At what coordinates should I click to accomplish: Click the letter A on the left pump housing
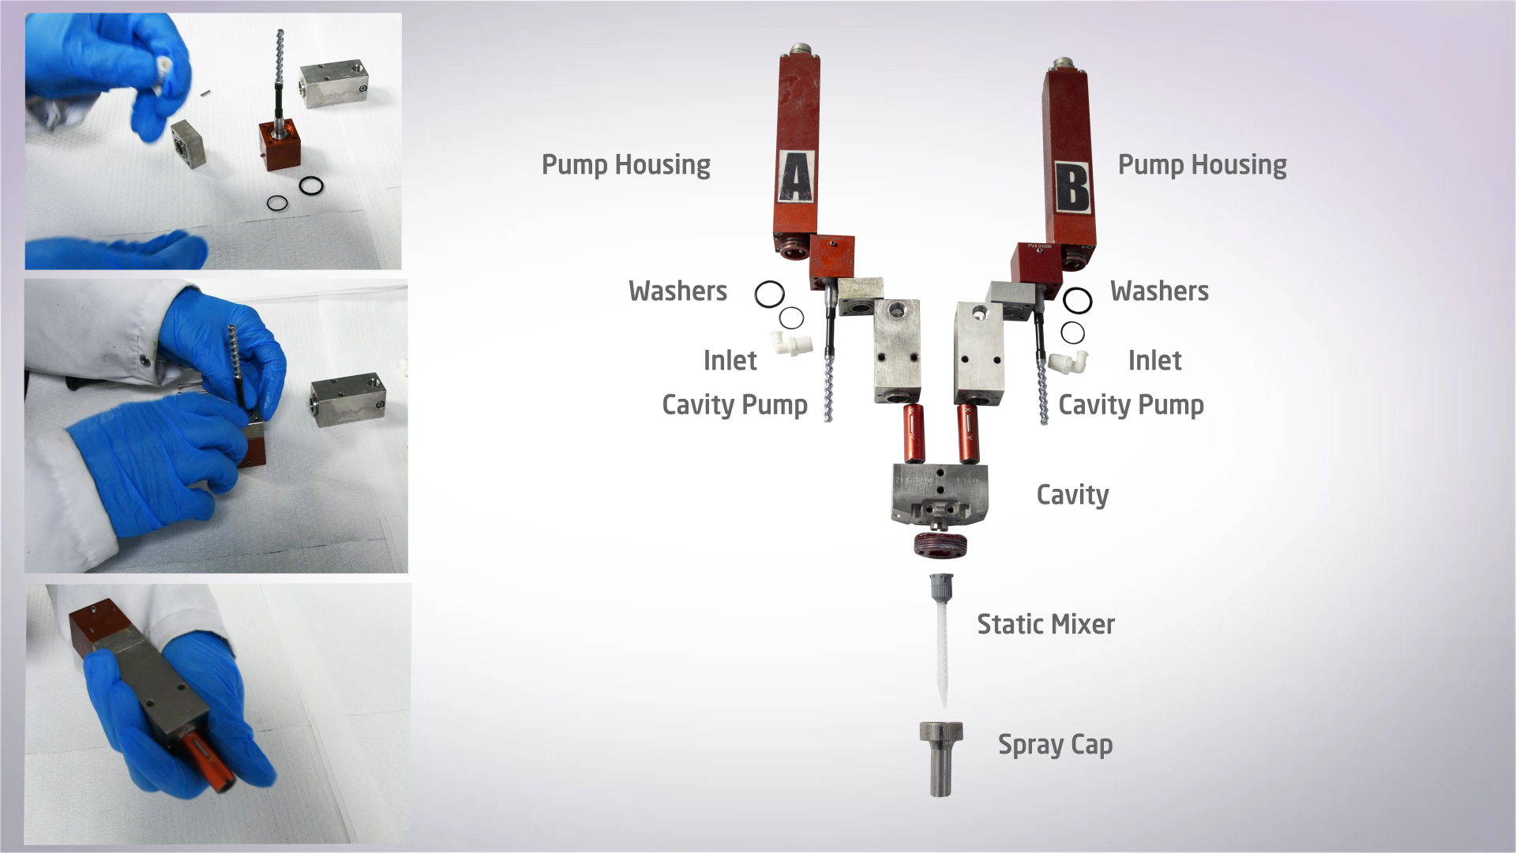pos(797,177)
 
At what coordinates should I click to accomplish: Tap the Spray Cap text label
pos(1055,745)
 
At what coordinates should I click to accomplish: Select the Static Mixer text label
pos(1046,624)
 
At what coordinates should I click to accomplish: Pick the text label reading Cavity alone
pos(1072,495)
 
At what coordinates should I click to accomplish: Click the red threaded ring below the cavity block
pos(940,545)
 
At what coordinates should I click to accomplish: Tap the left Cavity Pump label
pos(734,405)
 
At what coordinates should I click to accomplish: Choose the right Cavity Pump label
pos(1131,405)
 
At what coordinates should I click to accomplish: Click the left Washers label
pos(677,291)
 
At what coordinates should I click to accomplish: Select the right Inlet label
pos(1154,360)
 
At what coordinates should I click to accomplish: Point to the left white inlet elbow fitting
pos(792,344)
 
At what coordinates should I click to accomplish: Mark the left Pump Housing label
pos(626,164)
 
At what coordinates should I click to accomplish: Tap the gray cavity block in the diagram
pos(940,495)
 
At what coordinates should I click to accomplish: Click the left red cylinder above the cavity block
pos(914,434)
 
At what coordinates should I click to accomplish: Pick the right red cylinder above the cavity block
pos(968,434)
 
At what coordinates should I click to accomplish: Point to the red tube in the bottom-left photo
pos(207,760)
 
